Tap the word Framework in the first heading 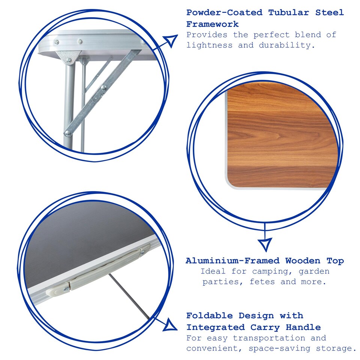[212, 24]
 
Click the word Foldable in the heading [210, 315]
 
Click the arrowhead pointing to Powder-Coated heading [171, 40]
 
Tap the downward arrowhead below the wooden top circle [265, 244]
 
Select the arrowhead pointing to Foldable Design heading [170, 324]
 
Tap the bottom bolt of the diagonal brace [68, 133]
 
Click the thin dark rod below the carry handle [129, 296]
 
